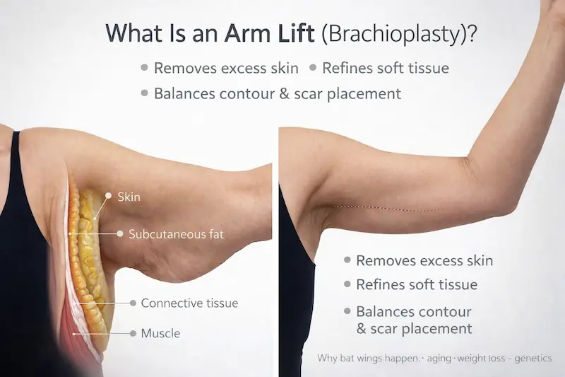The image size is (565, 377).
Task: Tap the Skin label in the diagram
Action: (x=129, y=197)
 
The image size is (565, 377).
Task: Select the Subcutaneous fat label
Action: (x=176, y=233)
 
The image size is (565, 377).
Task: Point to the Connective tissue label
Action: (x=189, y=303)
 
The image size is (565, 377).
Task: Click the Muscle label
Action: (x=160, y=333)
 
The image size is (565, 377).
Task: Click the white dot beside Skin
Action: (x=108, y=195)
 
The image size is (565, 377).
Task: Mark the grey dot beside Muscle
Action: (x=132, y=333)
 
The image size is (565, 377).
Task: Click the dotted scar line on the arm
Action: (x=388, y=208)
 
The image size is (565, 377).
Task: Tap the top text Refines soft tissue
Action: (x=386, y=68)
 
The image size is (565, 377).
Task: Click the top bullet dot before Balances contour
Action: (x=144, y=93)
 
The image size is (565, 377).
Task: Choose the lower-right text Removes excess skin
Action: (x=424, y=260)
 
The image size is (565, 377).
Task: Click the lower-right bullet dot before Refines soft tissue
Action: (x=347, y=284)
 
